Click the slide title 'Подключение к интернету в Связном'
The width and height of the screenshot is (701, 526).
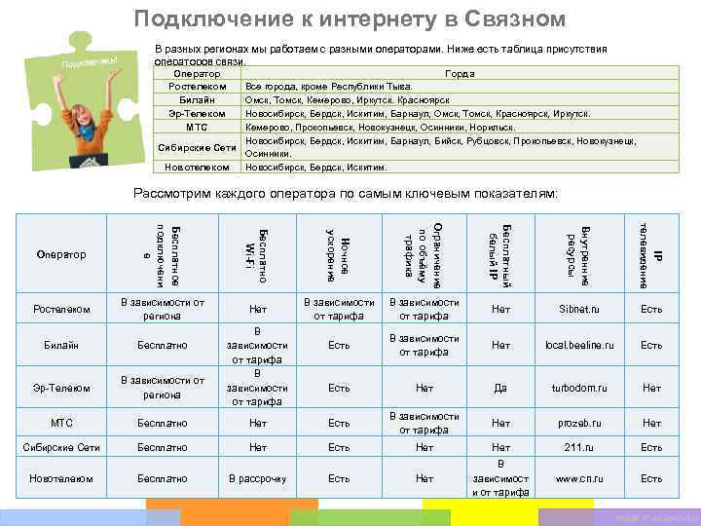coord(350,19)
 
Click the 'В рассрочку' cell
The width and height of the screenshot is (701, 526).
coord(257,478)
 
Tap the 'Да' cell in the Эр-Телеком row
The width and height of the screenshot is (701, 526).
coord(500,388)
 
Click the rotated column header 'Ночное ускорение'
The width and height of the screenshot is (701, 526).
coord(338,254)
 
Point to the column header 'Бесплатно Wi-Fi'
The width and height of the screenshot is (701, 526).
coord(257,254)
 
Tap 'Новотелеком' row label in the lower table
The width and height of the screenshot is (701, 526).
coord(61,478)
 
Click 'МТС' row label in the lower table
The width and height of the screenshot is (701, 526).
coord(61,423)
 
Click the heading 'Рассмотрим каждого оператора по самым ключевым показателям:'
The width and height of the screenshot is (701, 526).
coord(346,194)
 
